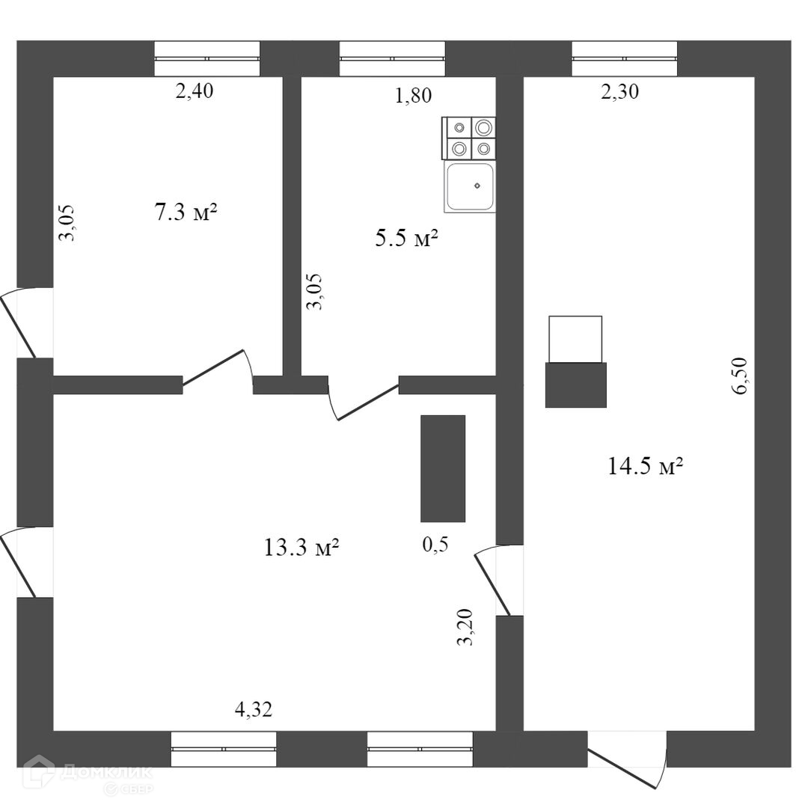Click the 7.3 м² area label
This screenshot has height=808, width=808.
(186, 213)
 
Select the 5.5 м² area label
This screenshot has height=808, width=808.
(405, 239)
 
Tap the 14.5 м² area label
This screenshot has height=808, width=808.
(645, 467)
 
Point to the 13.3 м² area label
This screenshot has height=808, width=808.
(302, 548)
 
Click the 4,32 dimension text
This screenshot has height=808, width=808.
(253, 710)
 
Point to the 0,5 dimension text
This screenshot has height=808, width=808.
(435, 545)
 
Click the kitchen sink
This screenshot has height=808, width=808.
(470, 187)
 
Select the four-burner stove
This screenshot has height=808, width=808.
(470, 138)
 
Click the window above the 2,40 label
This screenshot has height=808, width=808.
(207, 58)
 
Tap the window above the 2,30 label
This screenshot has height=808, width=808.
(624, 58)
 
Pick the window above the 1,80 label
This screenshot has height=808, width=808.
(392, 58)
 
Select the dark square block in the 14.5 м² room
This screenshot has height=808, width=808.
(575, 385)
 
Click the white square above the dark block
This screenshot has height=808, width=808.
(575, 339)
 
